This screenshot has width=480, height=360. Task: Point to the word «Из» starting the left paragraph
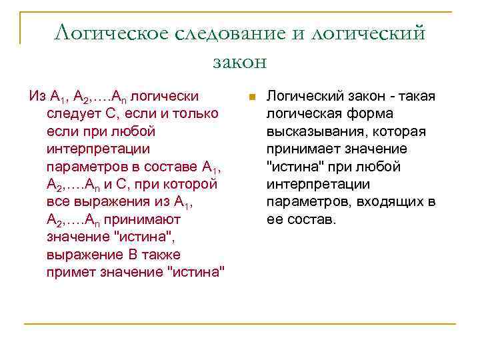(x=37, y=96)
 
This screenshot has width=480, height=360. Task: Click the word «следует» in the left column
(x=71, y=113)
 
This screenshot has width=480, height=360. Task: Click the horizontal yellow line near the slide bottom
(x=240, y=324)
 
